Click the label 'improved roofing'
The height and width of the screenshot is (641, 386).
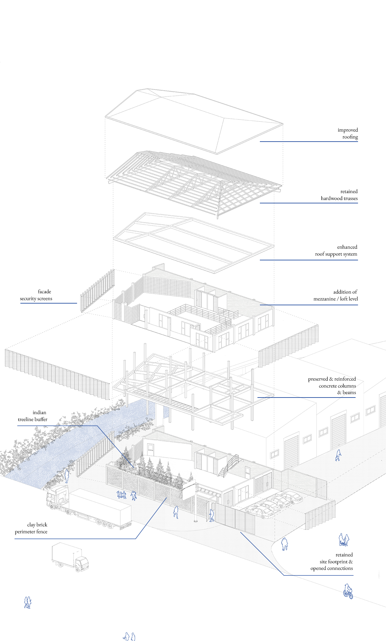point(347,133)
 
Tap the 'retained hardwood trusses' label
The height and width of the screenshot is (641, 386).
point(339,195)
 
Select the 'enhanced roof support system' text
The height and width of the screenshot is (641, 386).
point(336,250)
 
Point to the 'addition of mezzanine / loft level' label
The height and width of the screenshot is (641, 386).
point(336,295)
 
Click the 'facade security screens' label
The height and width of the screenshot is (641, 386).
point(36,295)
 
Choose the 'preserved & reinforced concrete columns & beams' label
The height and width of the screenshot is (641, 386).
point(332,385)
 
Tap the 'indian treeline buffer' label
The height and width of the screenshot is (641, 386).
point(33,416)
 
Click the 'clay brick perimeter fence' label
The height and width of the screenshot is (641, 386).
point(31,528)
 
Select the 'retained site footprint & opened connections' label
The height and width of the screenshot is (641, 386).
point(332,561)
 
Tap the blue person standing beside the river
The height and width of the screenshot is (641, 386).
point(67,475)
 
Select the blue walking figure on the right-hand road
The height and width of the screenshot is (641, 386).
point(338,455)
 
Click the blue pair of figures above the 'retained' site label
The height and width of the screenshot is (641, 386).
point(343,539)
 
